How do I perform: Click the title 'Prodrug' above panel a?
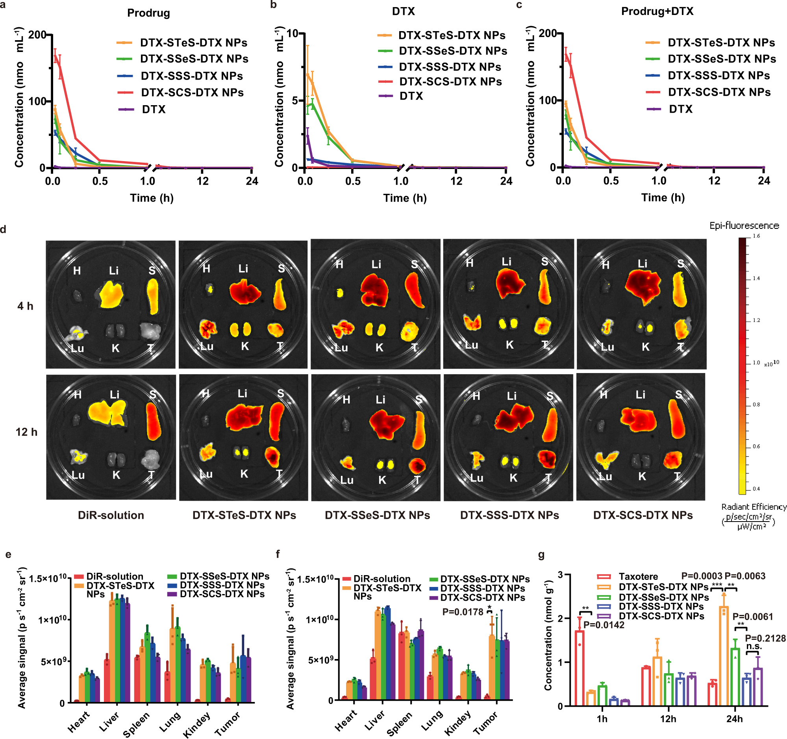148,13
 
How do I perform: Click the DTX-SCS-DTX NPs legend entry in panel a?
192,93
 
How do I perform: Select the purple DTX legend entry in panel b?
411,96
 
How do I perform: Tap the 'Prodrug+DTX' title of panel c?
657,11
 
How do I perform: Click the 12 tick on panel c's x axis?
714,181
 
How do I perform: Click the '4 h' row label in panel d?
25,306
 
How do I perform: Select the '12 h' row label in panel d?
26,432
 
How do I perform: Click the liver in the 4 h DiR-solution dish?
110,295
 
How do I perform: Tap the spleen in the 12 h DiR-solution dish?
154,421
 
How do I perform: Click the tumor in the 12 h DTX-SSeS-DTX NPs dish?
417,465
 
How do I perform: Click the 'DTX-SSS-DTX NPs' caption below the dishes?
509,515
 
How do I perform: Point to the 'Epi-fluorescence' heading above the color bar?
744,226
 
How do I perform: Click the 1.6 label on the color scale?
756,236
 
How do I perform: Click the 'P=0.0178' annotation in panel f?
462,612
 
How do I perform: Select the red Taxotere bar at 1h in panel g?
579,668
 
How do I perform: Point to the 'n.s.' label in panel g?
754,647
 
